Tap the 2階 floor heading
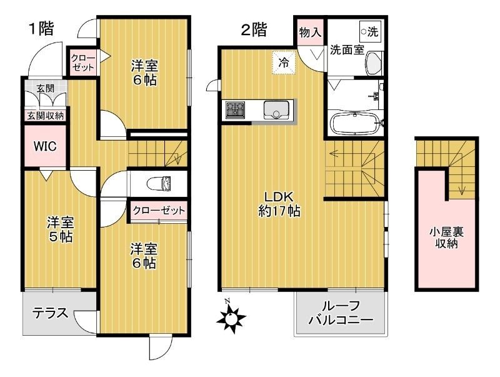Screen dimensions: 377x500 [254, 29]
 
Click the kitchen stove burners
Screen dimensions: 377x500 [235, 110]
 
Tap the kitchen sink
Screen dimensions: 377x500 [275, 110]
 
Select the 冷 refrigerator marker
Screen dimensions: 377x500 [284, 63]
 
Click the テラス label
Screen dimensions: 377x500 [50, 313]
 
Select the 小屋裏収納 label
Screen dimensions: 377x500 [446, 238]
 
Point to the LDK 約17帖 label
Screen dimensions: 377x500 [279, 203]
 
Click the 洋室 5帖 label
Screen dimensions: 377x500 [61, 229]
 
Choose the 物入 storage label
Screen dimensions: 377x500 [310, 32]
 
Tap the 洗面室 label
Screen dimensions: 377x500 [347, 51]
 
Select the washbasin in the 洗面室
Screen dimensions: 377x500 [374, 63]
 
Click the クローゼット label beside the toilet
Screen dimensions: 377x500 [159, 211]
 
